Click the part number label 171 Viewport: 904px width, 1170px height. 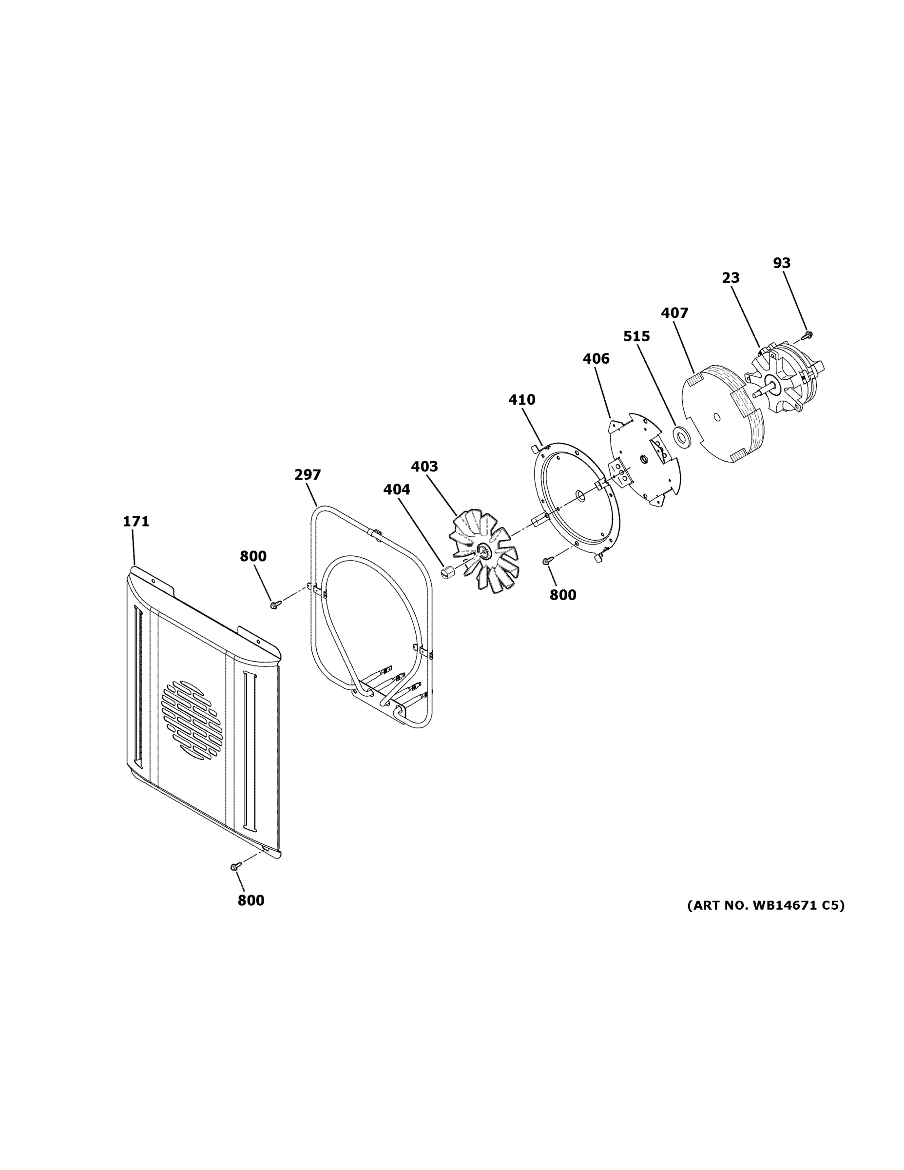click(136, 521)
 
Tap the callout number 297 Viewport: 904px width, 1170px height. click(308, 475)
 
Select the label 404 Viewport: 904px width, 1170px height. click(396, 489)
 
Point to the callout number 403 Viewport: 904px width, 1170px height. click(424, 467)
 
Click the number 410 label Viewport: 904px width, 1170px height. click(521, 400)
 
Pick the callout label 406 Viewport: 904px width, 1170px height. click(596, 358)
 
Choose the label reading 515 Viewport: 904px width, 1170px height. click(636, 336)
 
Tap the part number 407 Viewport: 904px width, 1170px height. click(674, 313)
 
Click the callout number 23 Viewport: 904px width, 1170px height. click(731, 278)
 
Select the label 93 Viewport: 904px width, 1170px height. click(781, 263)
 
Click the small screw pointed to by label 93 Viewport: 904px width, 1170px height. click(808, 335)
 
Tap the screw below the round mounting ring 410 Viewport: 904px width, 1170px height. click(547, 560)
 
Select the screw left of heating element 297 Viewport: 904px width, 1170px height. click(275, 604)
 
